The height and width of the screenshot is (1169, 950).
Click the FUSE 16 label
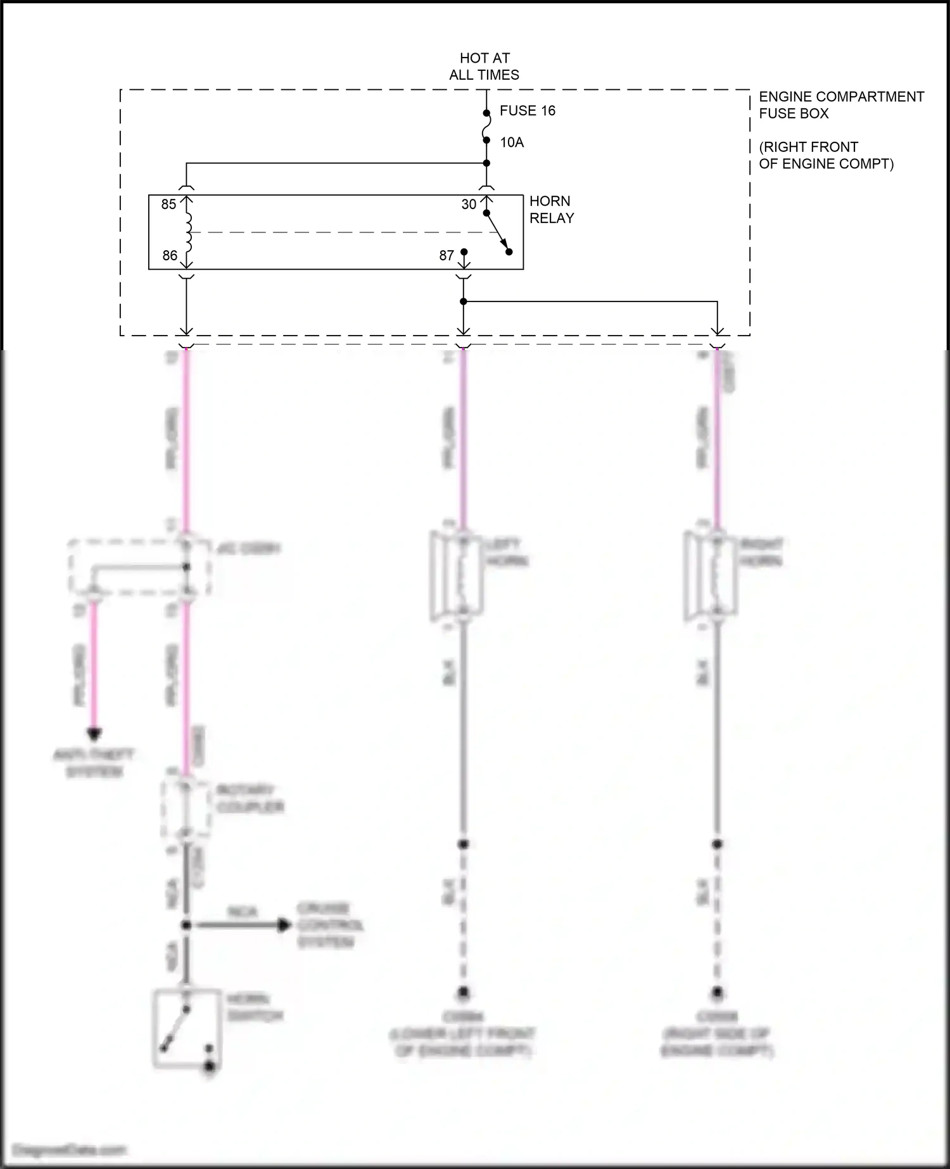point(527,111)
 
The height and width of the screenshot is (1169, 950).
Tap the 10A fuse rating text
point(512,142)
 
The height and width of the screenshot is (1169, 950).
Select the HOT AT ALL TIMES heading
point(484,66)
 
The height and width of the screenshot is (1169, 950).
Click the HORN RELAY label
point(552,210)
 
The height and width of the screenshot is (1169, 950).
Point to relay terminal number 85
point(168,205)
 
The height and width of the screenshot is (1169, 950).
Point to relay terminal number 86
point(170,256)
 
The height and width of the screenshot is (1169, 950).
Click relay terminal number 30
point(469,205)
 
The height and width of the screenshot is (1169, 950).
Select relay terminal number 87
point(446,256)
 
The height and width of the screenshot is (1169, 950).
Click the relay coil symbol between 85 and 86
point(187,232)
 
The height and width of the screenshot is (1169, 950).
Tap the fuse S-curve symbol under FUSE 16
point(486,127)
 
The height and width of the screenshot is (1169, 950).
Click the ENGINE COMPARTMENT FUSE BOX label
point(841,105)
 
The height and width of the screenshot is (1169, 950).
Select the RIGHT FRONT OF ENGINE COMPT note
point(826,156)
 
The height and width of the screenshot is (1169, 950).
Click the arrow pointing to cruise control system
point(284,925)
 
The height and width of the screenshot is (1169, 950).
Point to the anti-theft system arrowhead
point(94,735)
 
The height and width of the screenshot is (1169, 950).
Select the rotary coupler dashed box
point(186,809)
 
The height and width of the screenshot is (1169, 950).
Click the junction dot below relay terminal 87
point(464,301)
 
